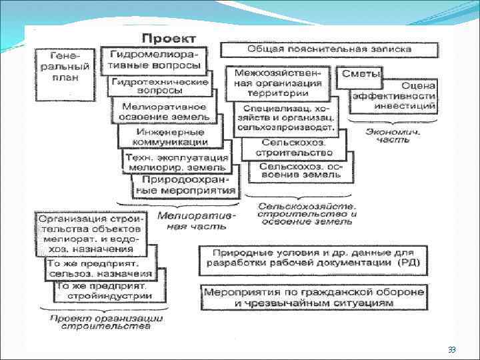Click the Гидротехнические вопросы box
click(160, 86)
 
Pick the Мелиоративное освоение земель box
click(164, 111)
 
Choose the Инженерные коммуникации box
click(171, 137)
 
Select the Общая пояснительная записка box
click(329, 49)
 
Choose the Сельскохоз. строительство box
click(289, 147)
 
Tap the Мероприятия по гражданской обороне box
click(313, 297)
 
